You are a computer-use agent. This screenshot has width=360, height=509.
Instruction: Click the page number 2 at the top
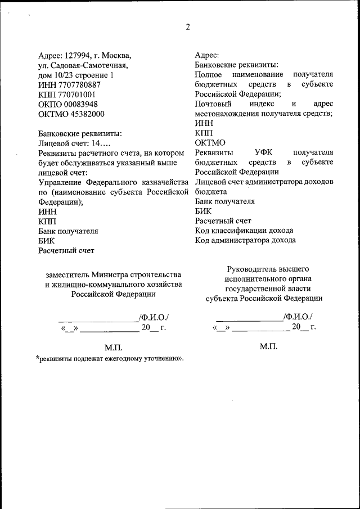pos(188,26)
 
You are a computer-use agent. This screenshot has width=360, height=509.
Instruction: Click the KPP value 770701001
pos(75,94)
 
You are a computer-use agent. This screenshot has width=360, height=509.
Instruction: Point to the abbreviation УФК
pos(264,152)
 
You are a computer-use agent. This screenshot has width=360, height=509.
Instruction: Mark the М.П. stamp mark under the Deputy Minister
pos(113,348)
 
